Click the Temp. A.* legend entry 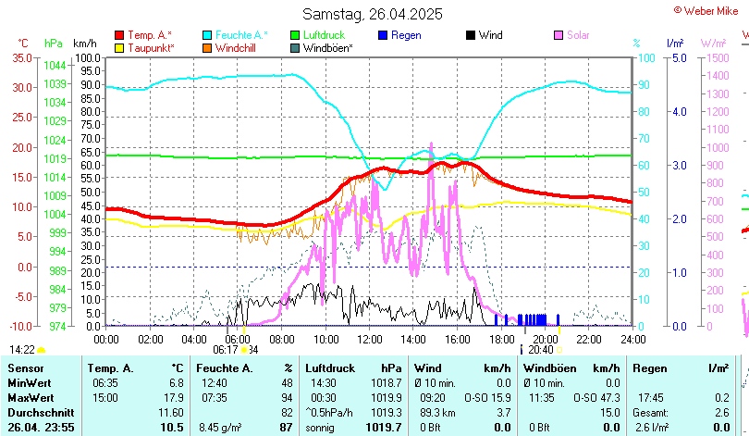(149, 35)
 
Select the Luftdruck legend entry (324, 35)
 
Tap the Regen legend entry (406, 35)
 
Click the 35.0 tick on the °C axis (21, 57)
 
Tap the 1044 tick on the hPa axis (55, 66)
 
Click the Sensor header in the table (25, 368)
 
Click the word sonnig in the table (323, 427)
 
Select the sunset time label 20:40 (541, 350)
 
